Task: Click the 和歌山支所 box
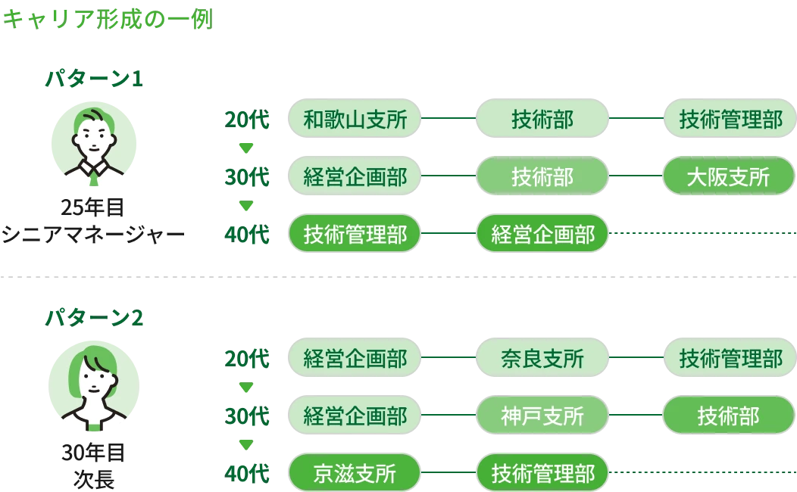355,119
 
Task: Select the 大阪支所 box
728,177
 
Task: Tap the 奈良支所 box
542,358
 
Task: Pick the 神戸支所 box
542,416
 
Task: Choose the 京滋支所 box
355,474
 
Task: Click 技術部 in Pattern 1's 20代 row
542,119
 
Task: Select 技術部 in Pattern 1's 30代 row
542,177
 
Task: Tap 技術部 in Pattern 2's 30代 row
728,416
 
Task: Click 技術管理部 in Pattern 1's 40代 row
355,235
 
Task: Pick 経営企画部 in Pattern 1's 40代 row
542,235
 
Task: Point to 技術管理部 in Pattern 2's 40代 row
542,474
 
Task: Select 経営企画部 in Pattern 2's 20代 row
355,358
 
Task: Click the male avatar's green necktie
93,179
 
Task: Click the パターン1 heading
94,79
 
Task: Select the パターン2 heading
94,318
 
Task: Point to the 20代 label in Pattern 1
247,119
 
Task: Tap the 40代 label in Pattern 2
247,474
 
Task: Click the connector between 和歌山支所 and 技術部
448,119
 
